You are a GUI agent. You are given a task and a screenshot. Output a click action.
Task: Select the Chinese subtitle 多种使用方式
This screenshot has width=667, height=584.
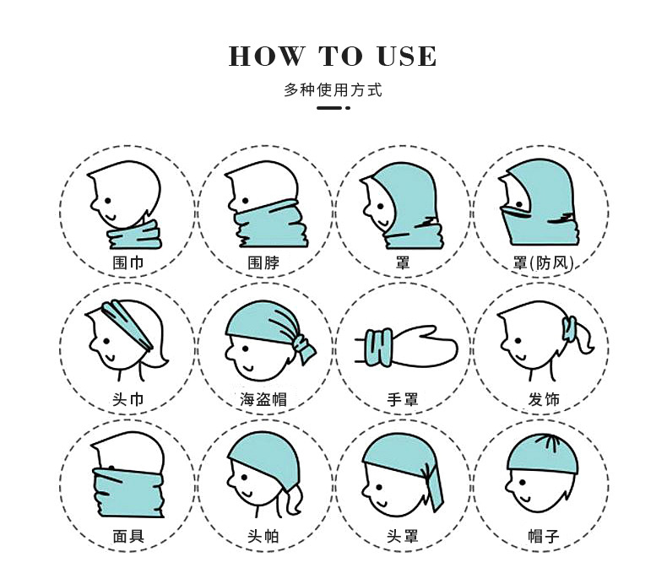[333, 90]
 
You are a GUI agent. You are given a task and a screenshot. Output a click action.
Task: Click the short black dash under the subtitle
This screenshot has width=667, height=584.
[331, 109]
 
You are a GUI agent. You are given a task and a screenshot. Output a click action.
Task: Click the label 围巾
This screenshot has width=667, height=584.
[127, 262]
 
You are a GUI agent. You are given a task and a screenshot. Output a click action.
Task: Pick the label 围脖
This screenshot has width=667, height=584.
[263, 262]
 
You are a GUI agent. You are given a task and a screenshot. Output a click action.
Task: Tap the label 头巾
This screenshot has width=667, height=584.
[127, 399]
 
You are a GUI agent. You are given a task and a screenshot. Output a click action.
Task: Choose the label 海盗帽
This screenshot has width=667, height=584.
[263, 399]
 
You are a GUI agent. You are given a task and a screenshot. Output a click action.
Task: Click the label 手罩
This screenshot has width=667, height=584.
[402, 399]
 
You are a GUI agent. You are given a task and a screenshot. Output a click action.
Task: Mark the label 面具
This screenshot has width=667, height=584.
[127, 536]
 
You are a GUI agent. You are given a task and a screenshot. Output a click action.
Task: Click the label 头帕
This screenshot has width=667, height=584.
[263, 536]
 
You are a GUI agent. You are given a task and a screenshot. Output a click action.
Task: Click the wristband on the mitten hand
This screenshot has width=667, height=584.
[380, 347]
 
